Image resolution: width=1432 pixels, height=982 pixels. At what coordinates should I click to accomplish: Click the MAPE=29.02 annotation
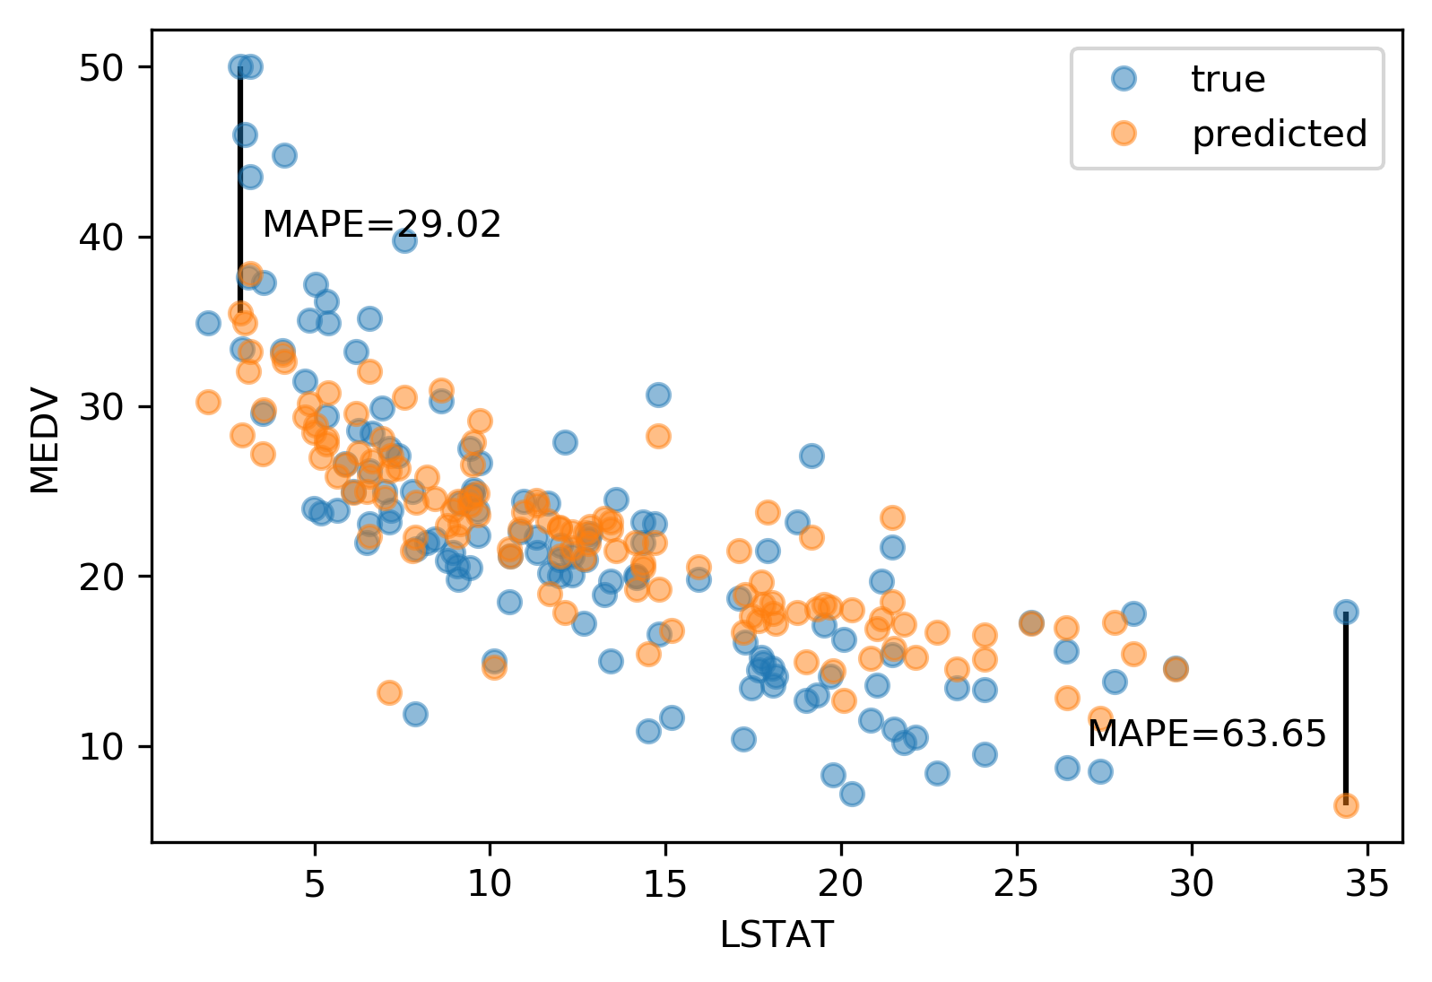pos(381,224)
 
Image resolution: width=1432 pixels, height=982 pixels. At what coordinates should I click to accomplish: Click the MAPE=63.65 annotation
pos(1206,734)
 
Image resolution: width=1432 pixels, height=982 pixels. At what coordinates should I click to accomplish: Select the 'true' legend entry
pos(1228,80)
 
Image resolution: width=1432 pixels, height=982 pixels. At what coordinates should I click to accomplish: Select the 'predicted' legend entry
pos(1279,134)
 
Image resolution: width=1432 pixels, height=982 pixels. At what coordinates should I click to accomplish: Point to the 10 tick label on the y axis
pos(101,747)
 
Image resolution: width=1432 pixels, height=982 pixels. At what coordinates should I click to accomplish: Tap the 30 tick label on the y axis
pos(101,407)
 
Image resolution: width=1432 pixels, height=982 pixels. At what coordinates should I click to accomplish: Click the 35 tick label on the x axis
pos(1367,884)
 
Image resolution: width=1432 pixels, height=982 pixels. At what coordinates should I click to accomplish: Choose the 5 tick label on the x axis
pos(315,884)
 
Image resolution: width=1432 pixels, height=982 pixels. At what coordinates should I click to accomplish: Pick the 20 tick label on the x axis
pos(841,884)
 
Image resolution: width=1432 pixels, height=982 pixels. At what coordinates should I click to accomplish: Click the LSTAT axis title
pos(777,935)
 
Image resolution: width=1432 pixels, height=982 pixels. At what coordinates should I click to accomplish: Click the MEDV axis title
pos(45,440)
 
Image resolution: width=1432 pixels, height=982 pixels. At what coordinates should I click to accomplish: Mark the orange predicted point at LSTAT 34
pos(1346,805)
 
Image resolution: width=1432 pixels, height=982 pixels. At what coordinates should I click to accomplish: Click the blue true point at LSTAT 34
pos(1346,613)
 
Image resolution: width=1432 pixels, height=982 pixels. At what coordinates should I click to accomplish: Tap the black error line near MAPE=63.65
pos(1346,708)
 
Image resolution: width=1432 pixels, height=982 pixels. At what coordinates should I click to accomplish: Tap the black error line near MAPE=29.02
pos(240,188)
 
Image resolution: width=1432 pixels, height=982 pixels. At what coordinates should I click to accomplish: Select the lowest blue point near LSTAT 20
pos(852,794)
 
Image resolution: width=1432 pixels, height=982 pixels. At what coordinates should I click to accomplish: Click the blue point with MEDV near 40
pos(404,240)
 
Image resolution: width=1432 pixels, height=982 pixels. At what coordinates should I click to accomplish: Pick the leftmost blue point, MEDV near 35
pos(208,323)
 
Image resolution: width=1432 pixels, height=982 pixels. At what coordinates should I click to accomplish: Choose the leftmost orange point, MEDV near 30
pos(208,402)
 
